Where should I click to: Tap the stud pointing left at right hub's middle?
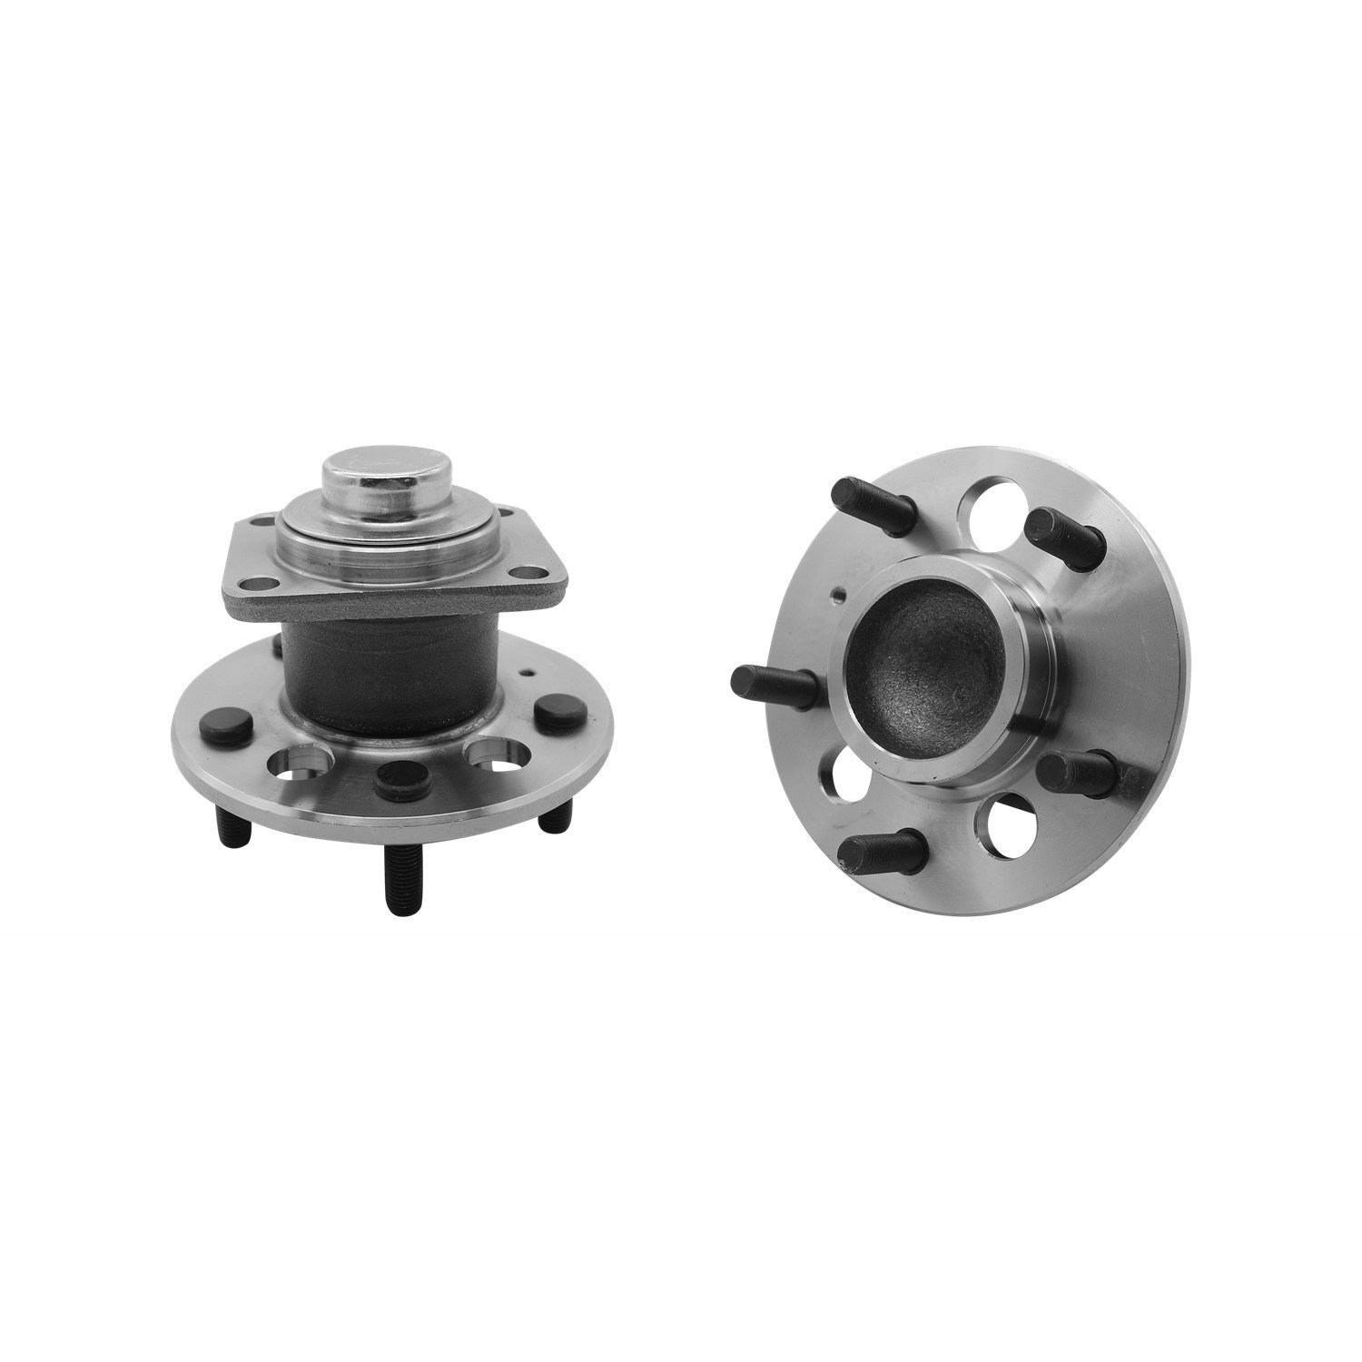pos(773,678)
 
